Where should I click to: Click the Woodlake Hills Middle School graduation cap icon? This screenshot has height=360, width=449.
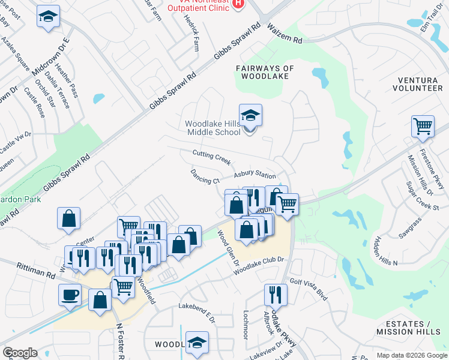pyautogui.click(x=250, y=115)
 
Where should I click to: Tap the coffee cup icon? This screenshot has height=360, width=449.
pyautogui.click(x=70, y=295)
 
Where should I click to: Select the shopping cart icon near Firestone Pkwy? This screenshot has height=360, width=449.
pyautogui.click(x=423, y=126)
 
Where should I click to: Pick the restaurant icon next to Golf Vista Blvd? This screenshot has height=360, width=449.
pyautogui.click(x=276, y=295)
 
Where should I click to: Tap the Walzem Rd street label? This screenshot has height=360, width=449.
pyautogui.click(x=285, y=33)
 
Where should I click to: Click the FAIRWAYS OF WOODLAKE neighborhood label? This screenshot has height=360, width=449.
pyautogui.click(x=265, y=73)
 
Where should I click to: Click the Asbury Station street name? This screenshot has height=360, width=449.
pyautogui.click(x=255, y=175)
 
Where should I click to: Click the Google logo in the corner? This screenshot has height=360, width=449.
pyautogui.click(x=20, y=352)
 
